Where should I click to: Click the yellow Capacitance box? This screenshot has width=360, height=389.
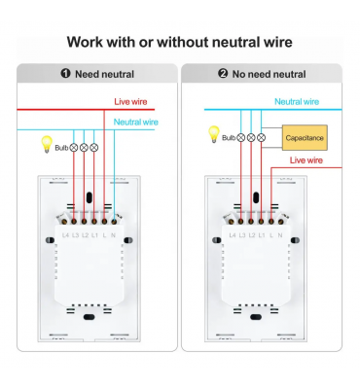(x=305, y=137)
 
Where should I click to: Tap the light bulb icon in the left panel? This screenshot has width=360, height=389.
(x=47, y=144)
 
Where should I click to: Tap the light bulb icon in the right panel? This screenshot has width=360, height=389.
(x=214, y=134)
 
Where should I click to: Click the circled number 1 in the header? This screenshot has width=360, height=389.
(x=65, y=74)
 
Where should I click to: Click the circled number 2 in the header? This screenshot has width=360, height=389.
(x=223, y=74)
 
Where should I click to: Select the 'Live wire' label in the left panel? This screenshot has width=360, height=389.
(x=130, y=102)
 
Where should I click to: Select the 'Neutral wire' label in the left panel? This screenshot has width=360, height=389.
(x=136, y=123)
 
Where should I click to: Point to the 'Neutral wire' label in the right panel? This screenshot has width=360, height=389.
(x=297, y=102)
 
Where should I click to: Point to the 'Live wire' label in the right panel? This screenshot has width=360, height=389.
(x=306, y=160)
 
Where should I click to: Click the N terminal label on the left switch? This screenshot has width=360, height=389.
(x=113, y=235)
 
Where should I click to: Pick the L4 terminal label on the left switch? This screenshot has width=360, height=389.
(x=65, y=235)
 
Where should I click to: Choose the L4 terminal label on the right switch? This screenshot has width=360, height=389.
(x=233, y=235)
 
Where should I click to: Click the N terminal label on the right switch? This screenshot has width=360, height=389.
(x=280, y=235)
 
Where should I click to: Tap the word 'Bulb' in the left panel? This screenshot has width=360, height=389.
(x=61, y=148)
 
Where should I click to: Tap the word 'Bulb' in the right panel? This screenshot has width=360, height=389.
(x=229, y=138)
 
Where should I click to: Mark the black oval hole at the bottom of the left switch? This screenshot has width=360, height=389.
(x=90, y=317)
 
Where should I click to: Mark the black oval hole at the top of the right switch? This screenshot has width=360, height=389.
(x=256, y=197)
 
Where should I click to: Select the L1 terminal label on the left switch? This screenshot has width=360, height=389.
(x=94, y=235)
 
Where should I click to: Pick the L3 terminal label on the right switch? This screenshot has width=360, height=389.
(x=242, y=235)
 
